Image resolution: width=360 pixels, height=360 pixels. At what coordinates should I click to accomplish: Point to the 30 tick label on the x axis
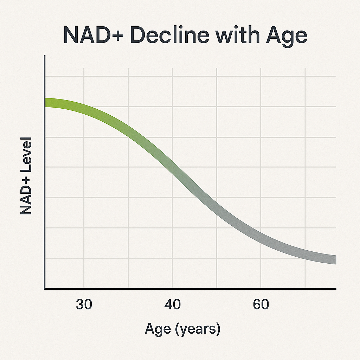84,304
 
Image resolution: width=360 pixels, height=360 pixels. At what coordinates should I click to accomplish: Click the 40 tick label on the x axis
173,304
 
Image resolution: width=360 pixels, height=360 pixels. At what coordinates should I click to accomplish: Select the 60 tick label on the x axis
261,304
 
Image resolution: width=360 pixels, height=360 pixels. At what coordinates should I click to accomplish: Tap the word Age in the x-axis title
158,330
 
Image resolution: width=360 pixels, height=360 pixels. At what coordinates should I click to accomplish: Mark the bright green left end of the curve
49,103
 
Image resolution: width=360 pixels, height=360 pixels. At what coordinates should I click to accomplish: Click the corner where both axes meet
45,289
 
